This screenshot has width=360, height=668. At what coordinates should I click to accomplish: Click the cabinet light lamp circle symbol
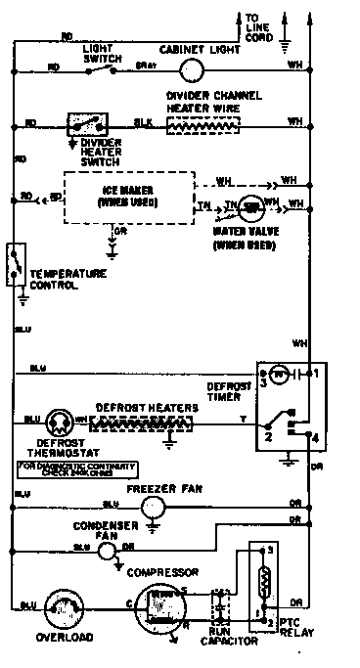[x=192, y=68]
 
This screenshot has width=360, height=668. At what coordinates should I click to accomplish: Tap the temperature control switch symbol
[x=15, y=262]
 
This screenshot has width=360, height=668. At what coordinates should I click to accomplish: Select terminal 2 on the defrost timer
[x=264, y=437]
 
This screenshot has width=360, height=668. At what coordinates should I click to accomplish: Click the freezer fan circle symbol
[x=152, y=507]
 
